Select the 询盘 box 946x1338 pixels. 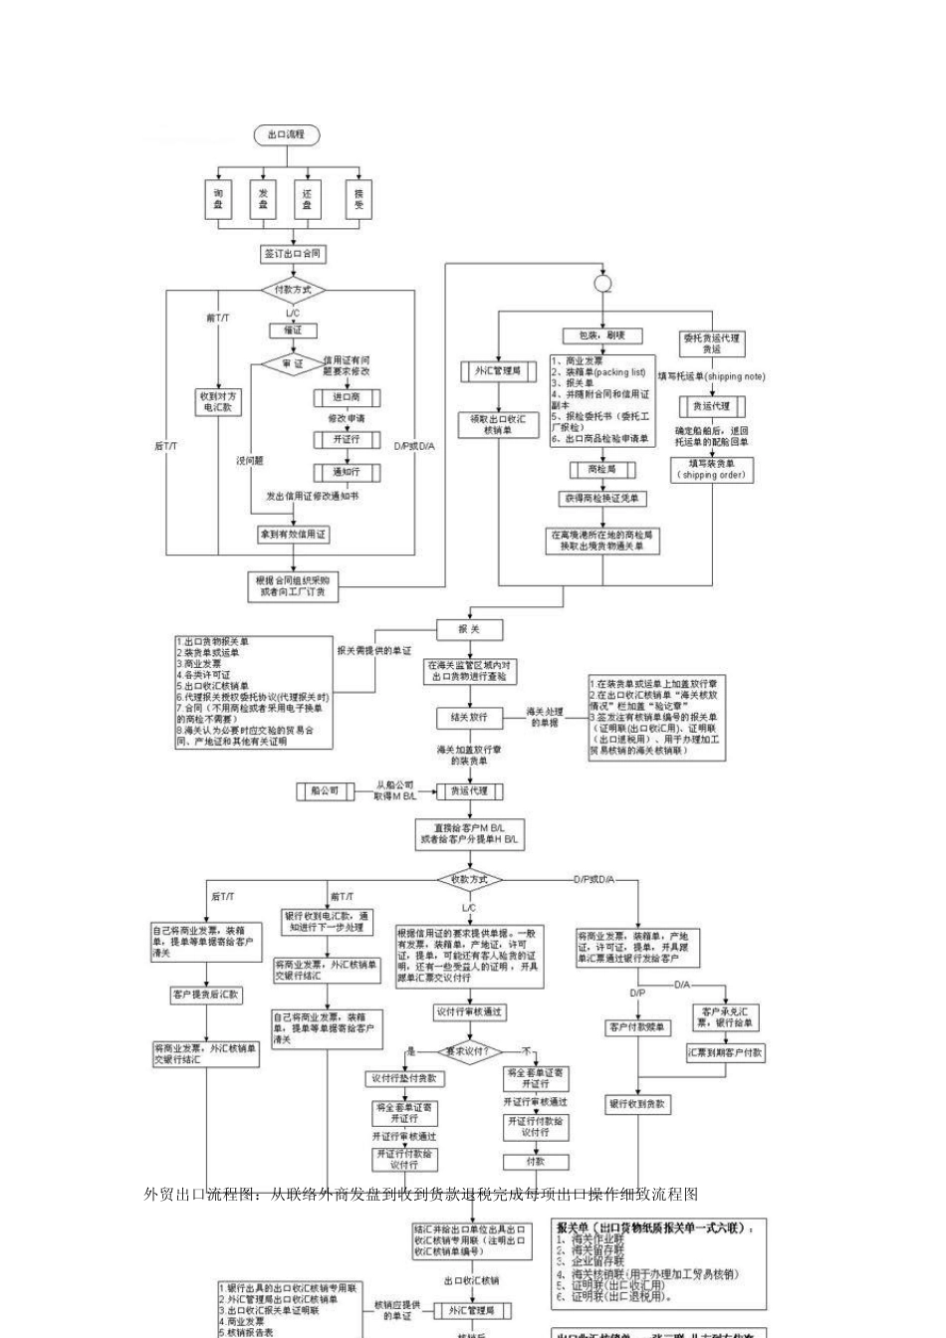(218, 199)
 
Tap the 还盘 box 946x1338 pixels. (308, 199)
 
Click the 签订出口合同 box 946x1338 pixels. (293, 254)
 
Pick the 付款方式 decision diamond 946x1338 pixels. (293, 291)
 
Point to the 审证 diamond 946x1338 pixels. (292, 364)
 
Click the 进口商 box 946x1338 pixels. (346, 397)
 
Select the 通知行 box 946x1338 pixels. (346, 472)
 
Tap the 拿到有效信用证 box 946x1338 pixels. (293, 535)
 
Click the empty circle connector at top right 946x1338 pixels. (602, 284)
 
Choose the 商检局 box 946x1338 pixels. (602, 469)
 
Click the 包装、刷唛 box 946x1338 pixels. (602, 336)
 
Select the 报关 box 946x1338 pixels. (469, 629)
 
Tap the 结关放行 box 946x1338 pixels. (469, 717)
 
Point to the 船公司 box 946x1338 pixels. (325, 790)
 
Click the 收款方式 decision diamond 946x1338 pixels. (469, 880)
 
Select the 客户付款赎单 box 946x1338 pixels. (637, 1026)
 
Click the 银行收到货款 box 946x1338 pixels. (637, 1104)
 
